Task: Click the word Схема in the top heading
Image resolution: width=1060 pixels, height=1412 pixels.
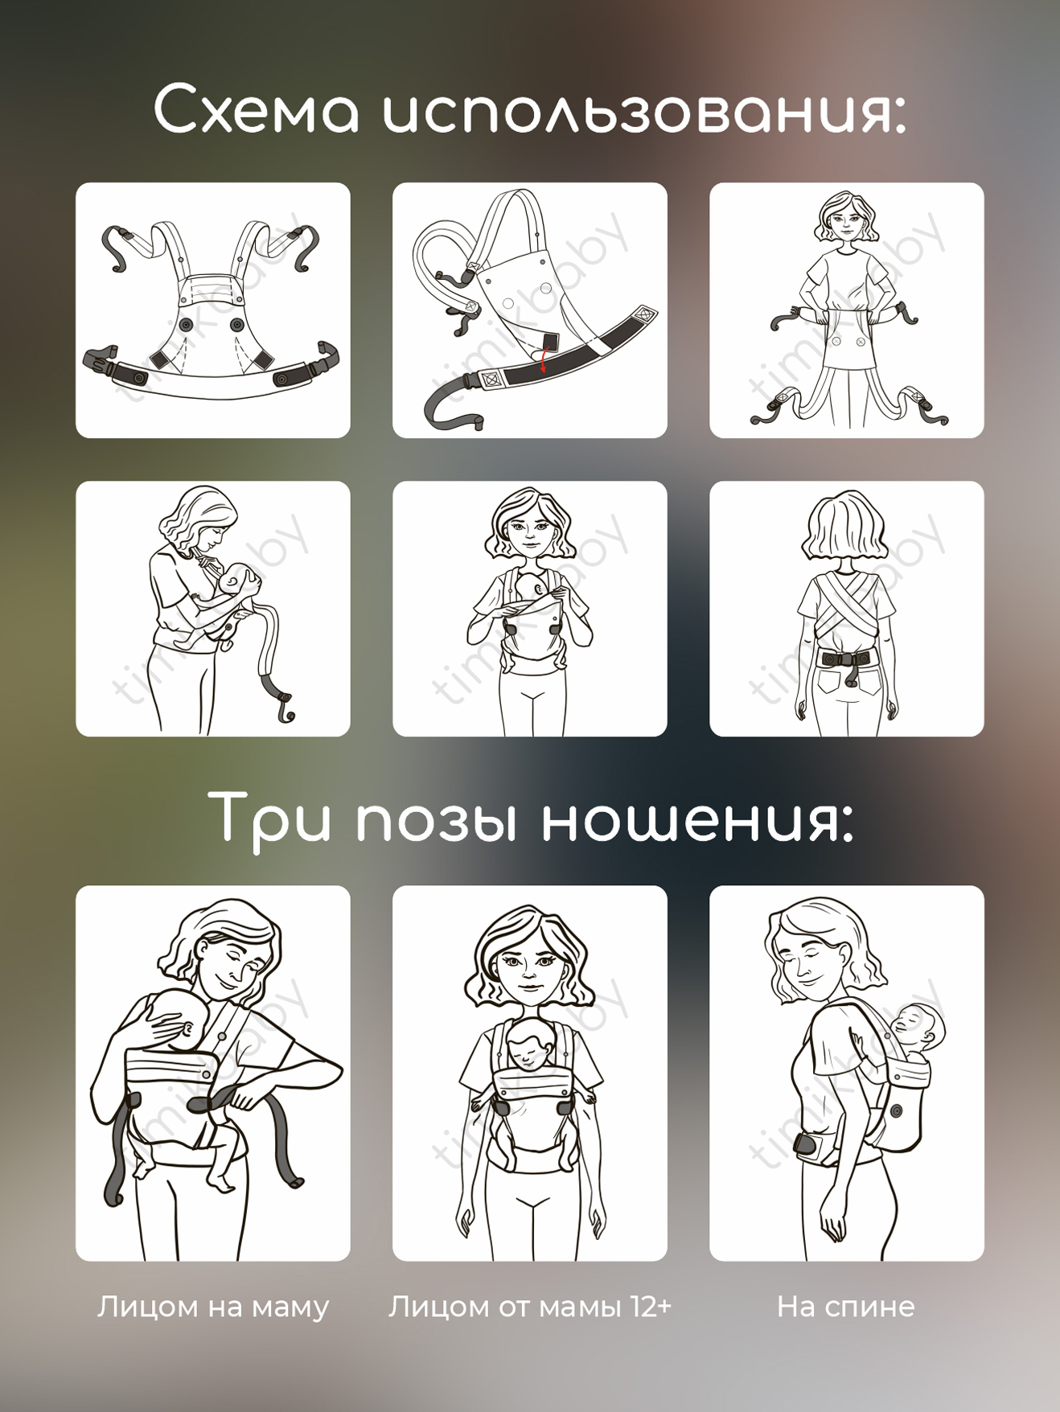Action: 257,110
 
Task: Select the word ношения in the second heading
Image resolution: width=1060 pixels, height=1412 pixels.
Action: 696,820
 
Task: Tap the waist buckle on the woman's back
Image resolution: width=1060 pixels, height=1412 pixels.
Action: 846,659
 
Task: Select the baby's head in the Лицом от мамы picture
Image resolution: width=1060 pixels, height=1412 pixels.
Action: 529,1045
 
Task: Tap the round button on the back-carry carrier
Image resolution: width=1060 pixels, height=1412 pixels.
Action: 895,1114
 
